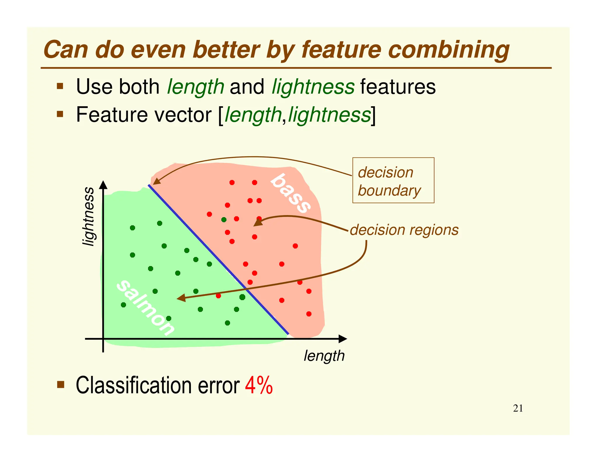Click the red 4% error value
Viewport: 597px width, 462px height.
click(x=259, y=385)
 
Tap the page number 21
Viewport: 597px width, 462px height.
click(x=518, y=408)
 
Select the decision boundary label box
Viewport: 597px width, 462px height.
click(x=393, y=180)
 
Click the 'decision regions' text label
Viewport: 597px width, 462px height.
click(x=404, y=230)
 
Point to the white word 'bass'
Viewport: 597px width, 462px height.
click(x=290, y=193)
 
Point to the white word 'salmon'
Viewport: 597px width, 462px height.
click(x=146, y=307)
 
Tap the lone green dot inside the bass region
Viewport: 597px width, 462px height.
click(x=224, y=220)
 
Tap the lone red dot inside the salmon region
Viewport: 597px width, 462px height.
click(x=218, y=296)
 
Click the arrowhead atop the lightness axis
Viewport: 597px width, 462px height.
click(x=103, y=185)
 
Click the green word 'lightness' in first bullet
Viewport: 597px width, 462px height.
click(x=313, y=87)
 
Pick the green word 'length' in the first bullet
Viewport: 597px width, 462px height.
click(x=195, y=87)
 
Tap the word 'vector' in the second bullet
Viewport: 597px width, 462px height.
click(x=183, y=114)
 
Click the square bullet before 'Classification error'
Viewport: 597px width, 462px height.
click(x=60, y=385)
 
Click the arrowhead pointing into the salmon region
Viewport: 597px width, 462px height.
click(x=181, y=298)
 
